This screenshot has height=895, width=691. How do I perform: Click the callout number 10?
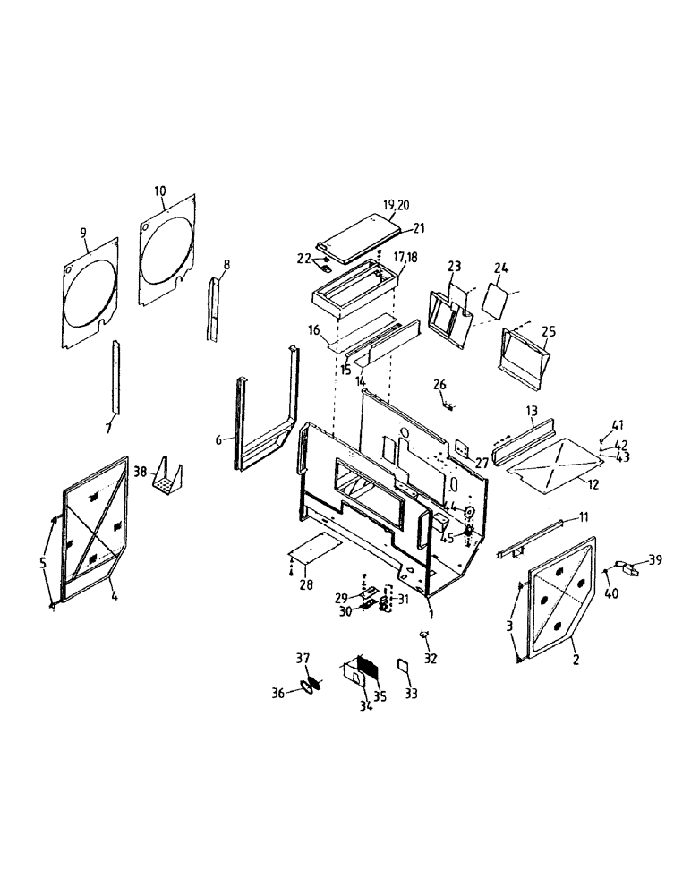[x=159, y=191]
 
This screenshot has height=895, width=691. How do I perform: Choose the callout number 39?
[x=654, y=559]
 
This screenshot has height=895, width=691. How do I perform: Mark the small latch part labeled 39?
[x=631, y=567]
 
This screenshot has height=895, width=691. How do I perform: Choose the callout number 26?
[x=439, y=385]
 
